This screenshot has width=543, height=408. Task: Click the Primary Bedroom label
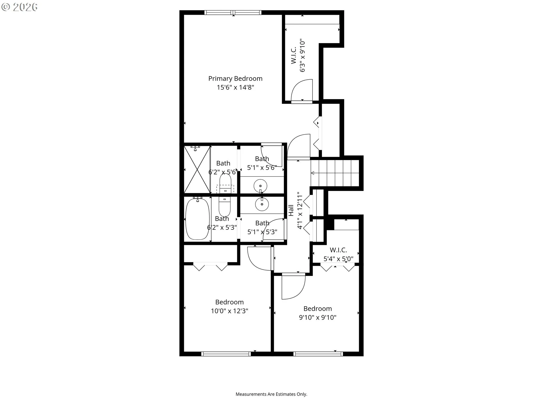click(x=235, y=78)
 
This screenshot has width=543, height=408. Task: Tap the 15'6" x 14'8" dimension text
click(x=235, y=87)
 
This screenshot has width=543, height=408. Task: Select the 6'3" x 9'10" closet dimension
click(x=302, y=56)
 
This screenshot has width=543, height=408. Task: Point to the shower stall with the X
click(x=197, y=169)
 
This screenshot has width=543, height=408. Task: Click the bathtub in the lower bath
click(x=197, y=219)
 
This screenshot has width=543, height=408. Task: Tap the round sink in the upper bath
click(x=260, y=186)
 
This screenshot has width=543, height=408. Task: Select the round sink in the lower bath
click(x=262, y=204)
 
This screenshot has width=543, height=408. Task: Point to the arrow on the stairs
click(x=313, y=173)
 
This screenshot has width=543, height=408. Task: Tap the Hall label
click(x=291, y=211)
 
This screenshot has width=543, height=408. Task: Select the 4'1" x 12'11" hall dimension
click(x=300, y=211)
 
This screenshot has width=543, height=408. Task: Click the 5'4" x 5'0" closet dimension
click(x=338, y=259)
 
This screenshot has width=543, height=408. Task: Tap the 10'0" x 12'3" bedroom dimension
click(x=229, y=311)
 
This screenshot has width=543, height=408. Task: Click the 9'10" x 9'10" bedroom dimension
click(x=318, y=317)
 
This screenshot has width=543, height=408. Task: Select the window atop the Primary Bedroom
click(x=233, y=12)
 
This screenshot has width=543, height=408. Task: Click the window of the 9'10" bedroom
click(x=318, y=354)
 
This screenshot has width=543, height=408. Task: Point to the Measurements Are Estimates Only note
click(x=271, y=394)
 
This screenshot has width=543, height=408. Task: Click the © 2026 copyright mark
click(x=19, y=7)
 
